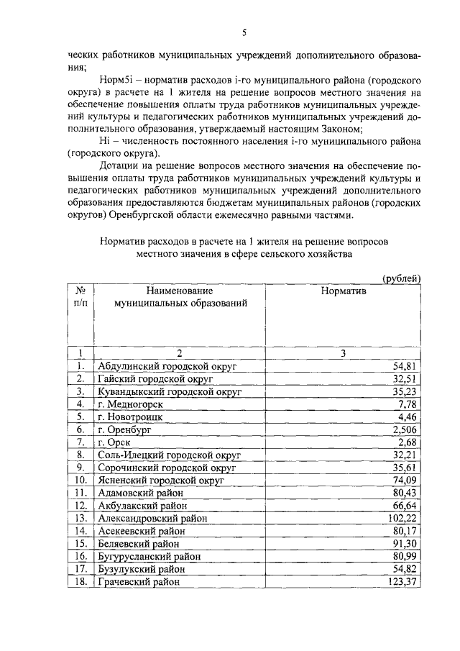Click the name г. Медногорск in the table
pyautogui.click(x=130, y=404)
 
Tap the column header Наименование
pyautogui.click(x=180, y=291)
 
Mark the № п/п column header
pyautogui.click(x=81, y=297)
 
